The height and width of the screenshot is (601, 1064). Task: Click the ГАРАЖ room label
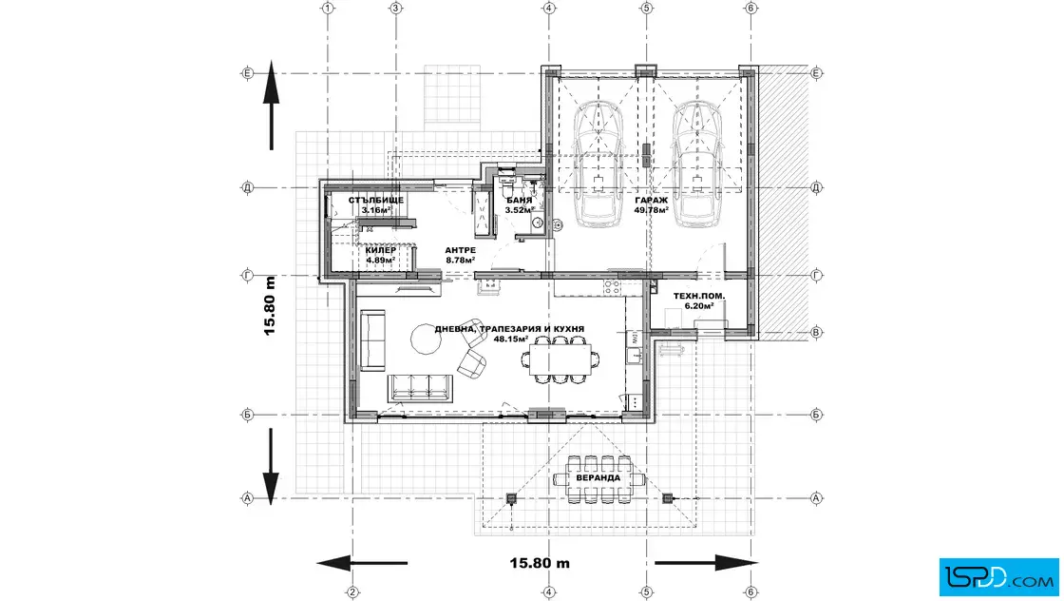tap(652, 201)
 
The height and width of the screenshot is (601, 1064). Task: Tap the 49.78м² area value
tap(652, 210)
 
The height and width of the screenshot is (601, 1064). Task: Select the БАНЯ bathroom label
tap(519, 201)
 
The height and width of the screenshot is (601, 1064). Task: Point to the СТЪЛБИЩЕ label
tap(376, 201)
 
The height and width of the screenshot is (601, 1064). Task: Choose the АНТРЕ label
tap(460, 249)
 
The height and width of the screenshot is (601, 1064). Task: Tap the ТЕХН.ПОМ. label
tap(699, 296)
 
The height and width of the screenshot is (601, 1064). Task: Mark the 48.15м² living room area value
tap(510, 339)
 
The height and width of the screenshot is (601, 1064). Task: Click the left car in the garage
tap(597, 164)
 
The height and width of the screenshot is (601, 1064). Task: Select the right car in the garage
tap(698, 164)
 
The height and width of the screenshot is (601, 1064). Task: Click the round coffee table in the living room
tap(425, 339)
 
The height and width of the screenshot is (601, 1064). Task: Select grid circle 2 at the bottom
tap(352, 592)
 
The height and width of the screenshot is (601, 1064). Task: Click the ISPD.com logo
tap(997, 574)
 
